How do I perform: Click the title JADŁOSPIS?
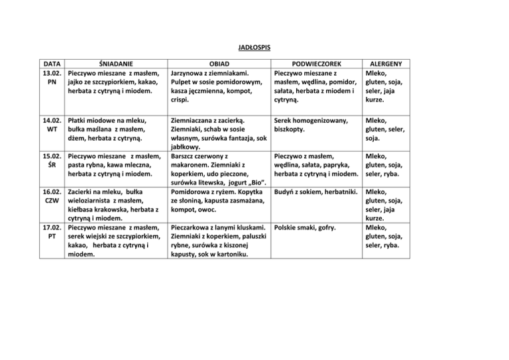click(254, 48)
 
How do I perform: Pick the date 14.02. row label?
click(51, 121)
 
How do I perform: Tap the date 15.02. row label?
click(51, 156)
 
